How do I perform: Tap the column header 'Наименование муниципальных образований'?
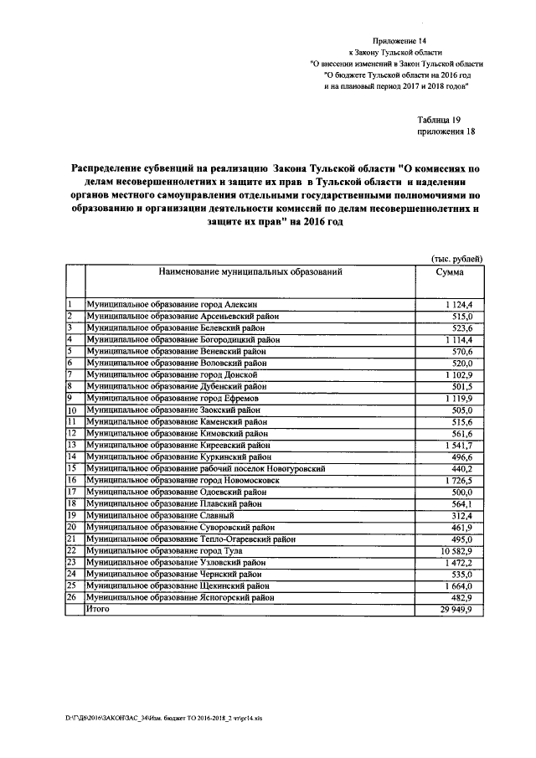click(x=248, y=272)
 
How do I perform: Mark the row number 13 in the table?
click(x=72, y=446)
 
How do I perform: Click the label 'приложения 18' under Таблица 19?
click(x=446, y=132)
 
